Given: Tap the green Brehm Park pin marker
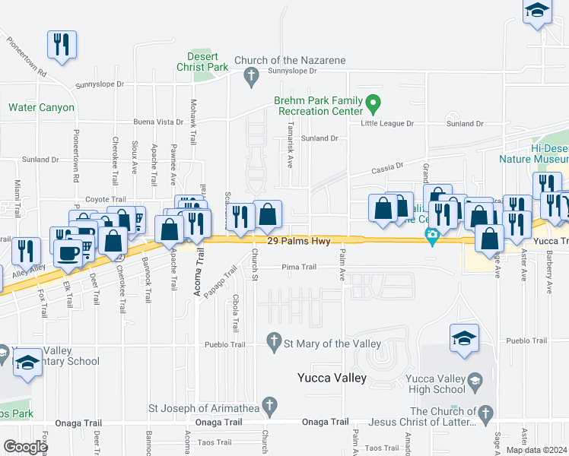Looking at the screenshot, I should pos(373,101).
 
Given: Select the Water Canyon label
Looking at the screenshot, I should pos(42,107).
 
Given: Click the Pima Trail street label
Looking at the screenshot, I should pos(298,267).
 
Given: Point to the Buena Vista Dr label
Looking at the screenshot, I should pos(158,122).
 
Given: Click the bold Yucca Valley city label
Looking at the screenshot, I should pos(332,378).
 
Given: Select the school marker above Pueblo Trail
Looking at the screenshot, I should pos(465,339).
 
